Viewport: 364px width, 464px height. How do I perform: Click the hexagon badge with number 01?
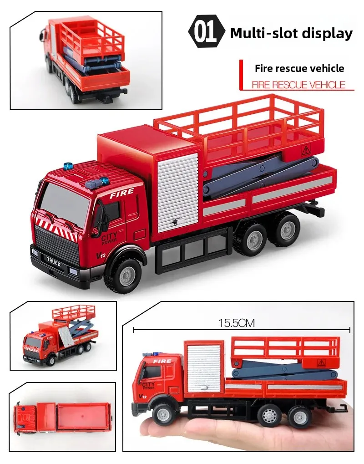tap(207, 32)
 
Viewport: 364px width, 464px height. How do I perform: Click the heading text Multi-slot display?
tap(291, 33)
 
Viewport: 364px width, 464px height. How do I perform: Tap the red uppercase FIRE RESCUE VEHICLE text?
tap(298, 85)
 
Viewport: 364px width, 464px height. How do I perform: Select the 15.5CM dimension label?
tap(237, 323)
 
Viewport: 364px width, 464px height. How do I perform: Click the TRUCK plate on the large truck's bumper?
tap(54, 261)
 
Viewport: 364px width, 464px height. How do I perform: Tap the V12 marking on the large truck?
tap(101, 255)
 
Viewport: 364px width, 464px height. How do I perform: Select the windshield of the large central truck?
tap(64, 201)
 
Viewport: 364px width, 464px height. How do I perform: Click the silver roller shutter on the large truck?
tap(178, 193)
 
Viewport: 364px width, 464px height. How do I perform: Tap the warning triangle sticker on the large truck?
tap(306, 151)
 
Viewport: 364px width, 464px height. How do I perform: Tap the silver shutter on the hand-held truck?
tap(204, 368)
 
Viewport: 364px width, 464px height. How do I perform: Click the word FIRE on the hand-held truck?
tap(162, 361)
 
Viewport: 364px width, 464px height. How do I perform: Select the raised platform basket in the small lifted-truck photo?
tap(74, 313)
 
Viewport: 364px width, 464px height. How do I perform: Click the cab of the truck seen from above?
tap(27, 418)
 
